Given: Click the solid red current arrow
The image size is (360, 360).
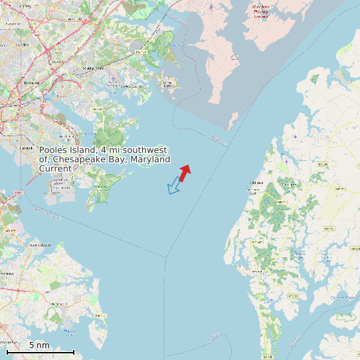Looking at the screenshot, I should pyautogui.click(x=185, y=173).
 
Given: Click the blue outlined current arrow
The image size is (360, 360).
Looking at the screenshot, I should pyautogui.click(x=175, y=185).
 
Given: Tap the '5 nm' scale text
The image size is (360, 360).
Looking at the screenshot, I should pyautogui.click(x=39, y=345).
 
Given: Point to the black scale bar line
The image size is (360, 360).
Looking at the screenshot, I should pyautogui.click(x=40, y=352).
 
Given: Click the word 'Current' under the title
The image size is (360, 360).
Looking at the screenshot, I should pyautogui.click(x=55, y=169).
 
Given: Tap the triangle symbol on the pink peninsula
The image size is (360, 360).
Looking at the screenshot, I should pyautogui.click(x=234, y=57).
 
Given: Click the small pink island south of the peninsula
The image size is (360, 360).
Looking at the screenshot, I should pyautogui.click(x=232, y=120).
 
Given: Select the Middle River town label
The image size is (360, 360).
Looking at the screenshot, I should pyautogui.click(x=94, y=68).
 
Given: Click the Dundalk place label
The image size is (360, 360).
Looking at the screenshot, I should pyautogui.click(x=27, y=147).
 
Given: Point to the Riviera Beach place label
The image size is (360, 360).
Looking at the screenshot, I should pyautogui.click(x=41, y=245).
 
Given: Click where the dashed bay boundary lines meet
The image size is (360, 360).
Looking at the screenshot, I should pyautogui.click(x=166, y=254).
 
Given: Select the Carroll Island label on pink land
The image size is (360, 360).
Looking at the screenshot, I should pyautogui.click(x=167, y=83).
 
